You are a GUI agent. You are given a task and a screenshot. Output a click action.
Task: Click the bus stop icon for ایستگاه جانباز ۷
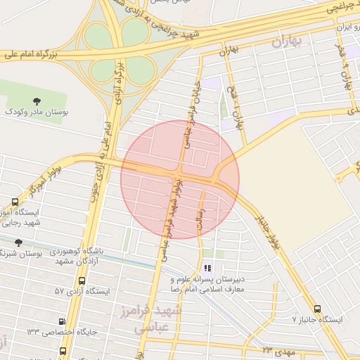pyautogui.click(x=317, y=308)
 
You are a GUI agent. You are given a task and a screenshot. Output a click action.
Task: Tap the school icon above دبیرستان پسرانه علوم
pyautogui.click(x=207, y=268)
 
